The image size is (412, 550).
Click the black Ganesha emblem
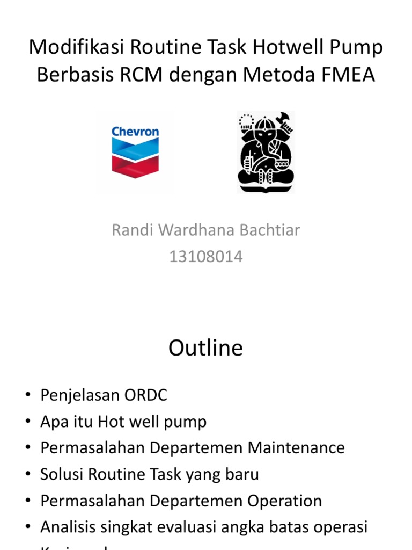click(x=266, y=152)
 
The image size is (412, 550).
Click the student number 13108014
click(x=206, y=257)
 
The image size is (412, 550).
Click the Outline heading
click(x=205, y=348)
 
